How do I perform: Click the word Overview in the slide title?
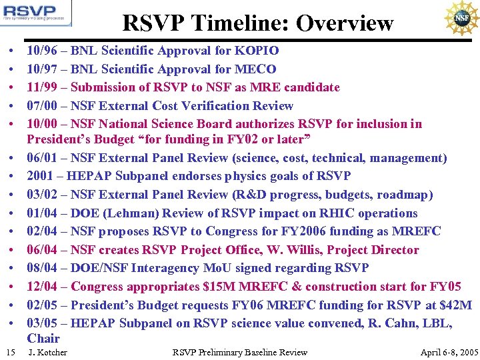tap(345, 23)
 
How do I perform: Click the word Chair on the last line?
tap(43, 338)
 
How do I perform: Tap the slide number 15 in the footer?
tap(9, 352)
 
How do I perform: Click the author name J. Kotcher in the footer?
tap(48, 352)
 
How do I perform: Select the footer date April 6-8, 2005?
tap(449, 352)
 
